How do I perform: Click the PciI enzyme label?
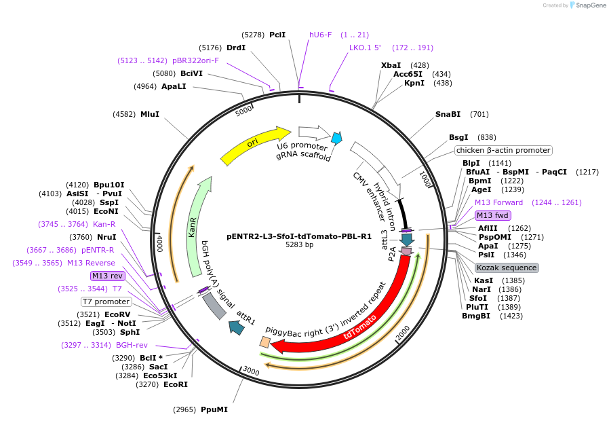pyautogui.click(x=277, y=34)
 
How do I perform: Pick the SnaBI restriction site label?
pyautogui.click(x=448, y=114)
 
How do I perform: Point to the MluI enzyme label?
pyautogui.click(x=150, y=114)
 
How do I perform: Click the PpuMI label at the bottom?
pyautogui.click(x=214, y=409)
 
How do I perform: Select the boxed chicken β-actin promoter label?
pyautogui.click(x=503, y=150)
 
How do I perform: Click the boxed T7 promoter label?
pyautogui.click(x=106, y=301)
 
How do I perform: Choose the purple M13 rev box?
pyautogui.click(x=108, y=276)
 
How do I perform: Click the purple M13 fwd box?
pyautogui.click(x=492, y=215)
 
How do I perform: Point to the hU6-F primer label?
pyautogui.click(x=321, y=35)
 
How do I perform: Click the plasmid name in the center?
pyautogui.click(x=299, y=236)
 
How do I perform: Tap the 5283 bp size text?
pyautogui.click(x=299, y=245)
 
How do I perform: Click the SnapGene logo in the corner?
pyautogui.click(x=588, y=5)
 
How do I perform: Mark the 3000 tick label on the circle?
pyautogui.click(x=251, y=371)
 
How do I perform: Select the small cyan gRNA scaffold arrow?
pyautogui.click(x=336, y=139)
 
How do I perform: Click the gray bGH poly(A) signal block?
pyautogui.click(x=215, y=306)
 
